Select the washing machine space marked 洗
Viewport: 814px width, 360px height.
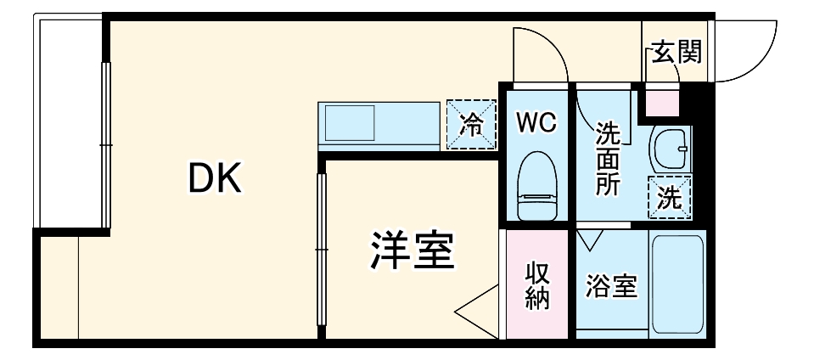(670, 197)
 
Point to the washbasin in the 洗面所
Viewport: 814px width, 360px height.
(671, 149)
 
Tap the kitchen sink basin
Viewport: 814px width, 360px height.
(350, 122)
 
